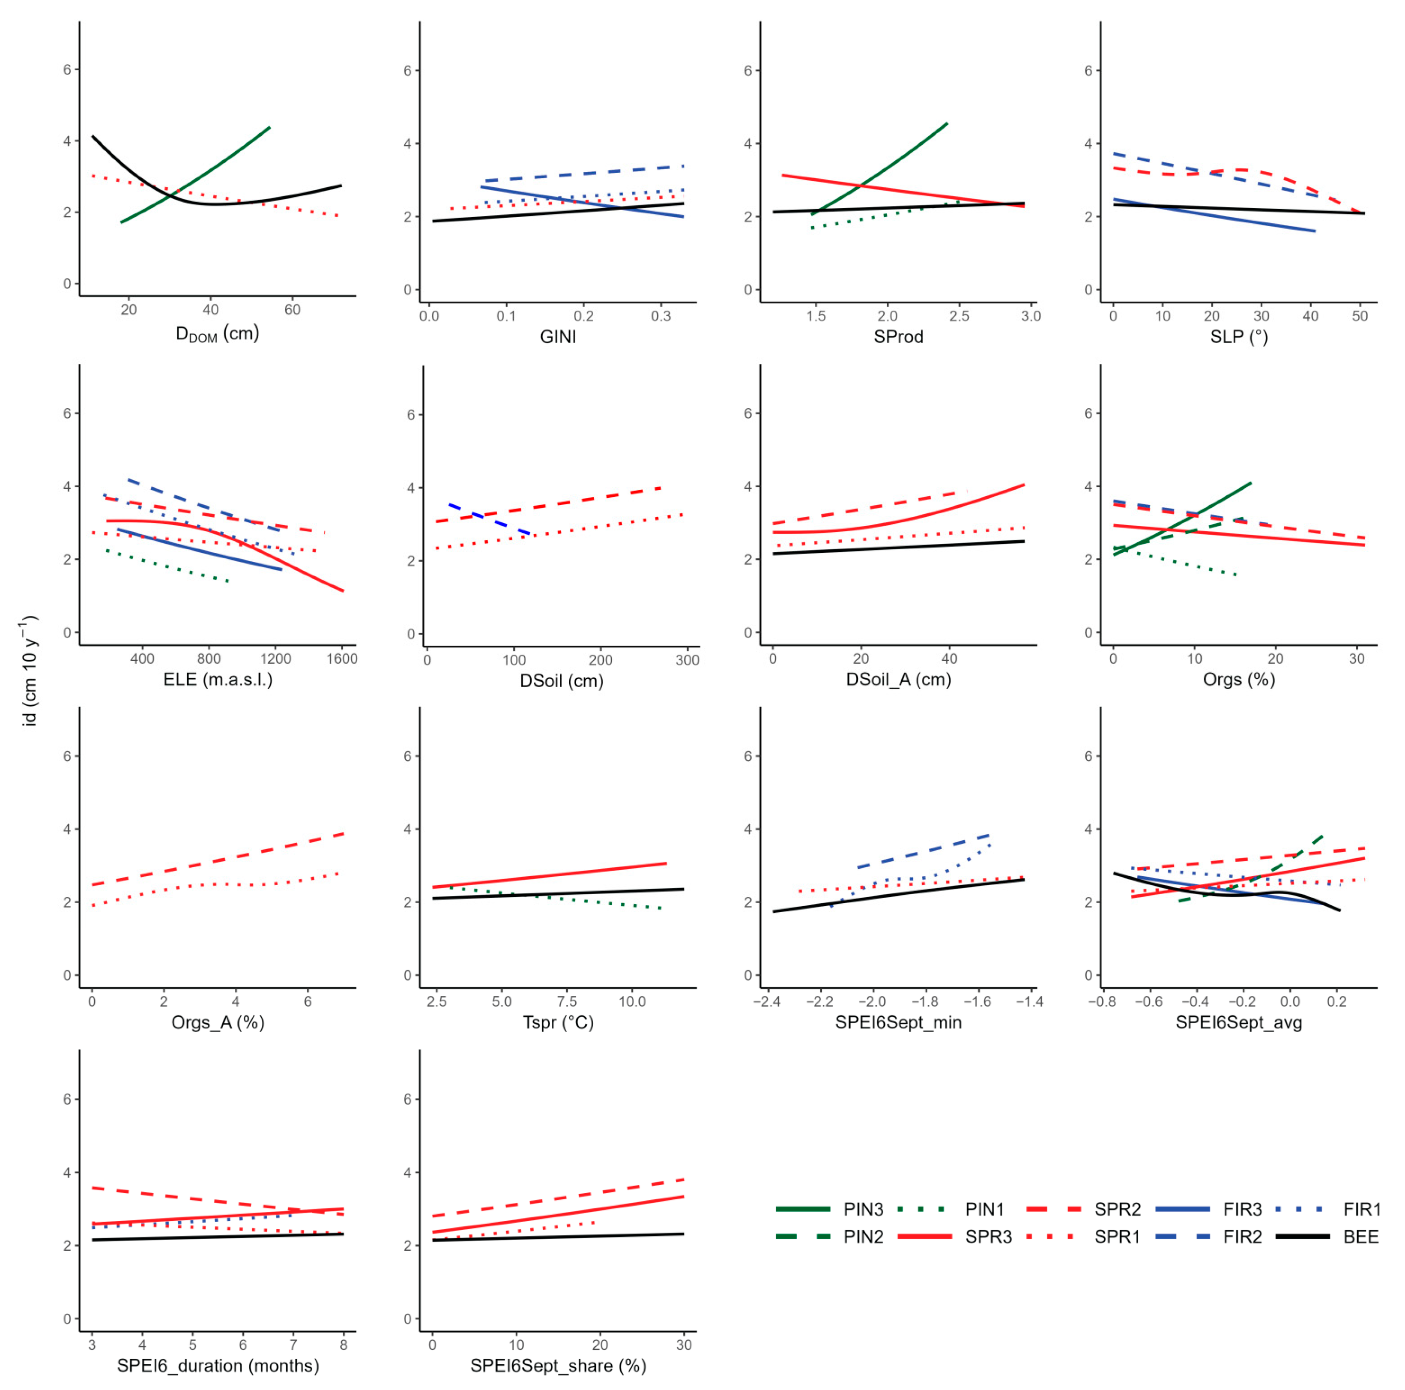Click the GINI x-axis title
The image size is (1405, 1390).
coord(558,337)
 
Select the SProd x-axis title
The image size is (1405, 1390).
coord(898,337)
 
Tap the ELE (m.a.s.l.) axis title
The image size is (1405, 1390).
coord(218,680)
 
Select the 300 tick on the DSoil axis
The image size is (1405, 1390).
coord(687,660)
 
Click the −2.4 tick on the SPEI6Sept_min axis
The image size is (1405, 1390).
coord(767,1002)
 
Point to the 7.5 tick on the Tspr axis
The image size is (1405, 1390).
coord(567,1002)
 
